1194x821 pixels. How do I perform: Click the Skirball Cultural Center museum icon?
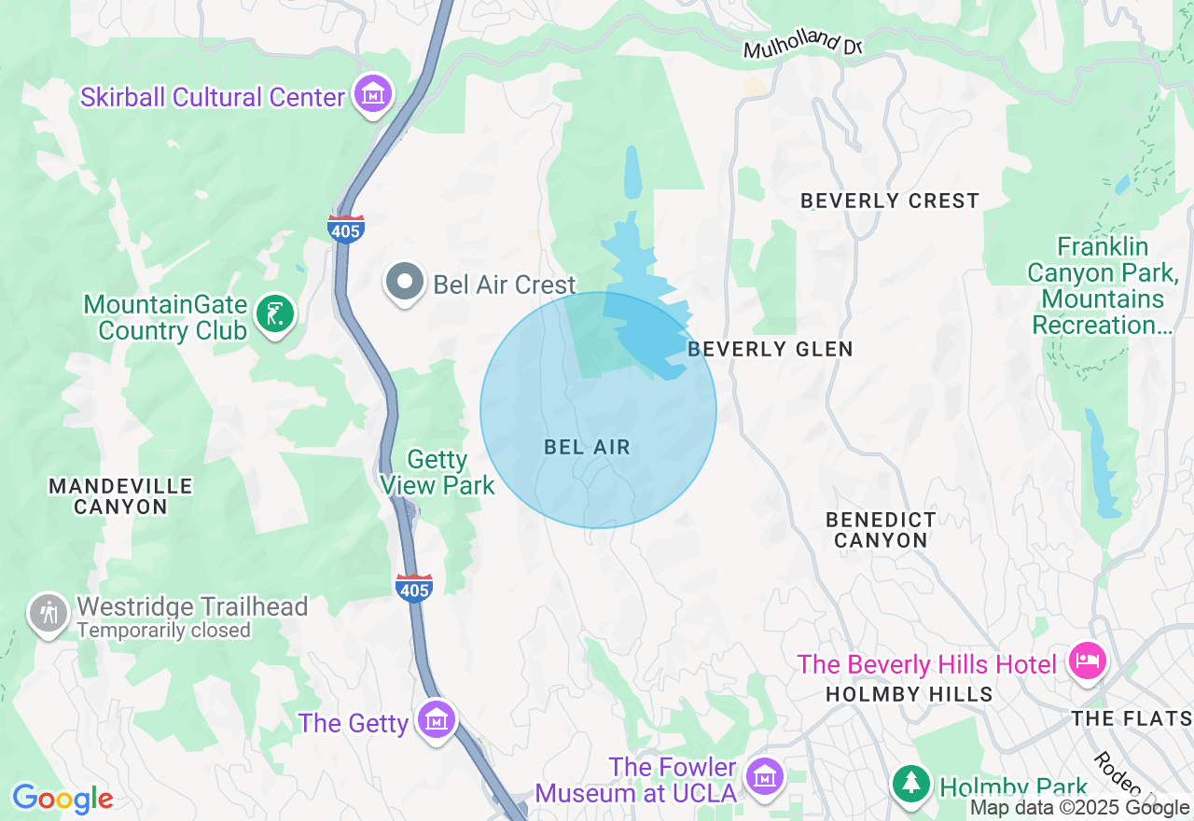[x=373, y=95]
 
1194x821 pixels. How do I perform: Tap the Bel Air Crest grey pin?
[x=405, y=282]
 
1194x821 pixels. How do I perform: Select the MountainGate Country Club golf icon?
[x=274, y=315]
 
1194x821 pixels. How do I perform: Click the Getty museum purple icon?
[x=436, y=720]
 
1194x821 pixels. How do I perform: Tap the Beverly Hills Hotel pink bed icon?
[x=1086, y=662]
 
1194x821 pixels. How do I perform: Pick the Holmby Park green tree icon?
[x=910, y=783]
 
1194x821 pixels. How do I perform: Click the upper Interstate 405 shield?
[x=345, y=228]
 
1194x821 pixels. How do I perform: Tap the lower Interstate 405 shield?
[x=414, y=588]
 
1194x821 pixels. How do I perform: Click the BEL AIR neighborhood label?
[x=587, y=448]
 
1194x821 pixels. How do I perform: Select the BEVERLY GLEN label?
[x=770, y=349]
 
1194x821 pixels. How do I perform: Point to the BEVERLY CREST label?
[x=889, y=201]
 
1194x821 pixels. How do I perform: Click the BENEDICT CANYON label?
[x=881, y=530]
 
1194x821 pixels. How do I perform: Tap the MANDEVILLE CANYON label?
[x=120, y=496]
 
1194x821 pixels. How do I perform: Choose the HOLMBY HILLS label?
[x=909, y=694]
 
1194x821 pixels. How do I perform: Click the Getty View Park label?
[x=437, y=472]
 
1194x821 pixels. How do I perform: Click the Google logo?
[x=62, y=799]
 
